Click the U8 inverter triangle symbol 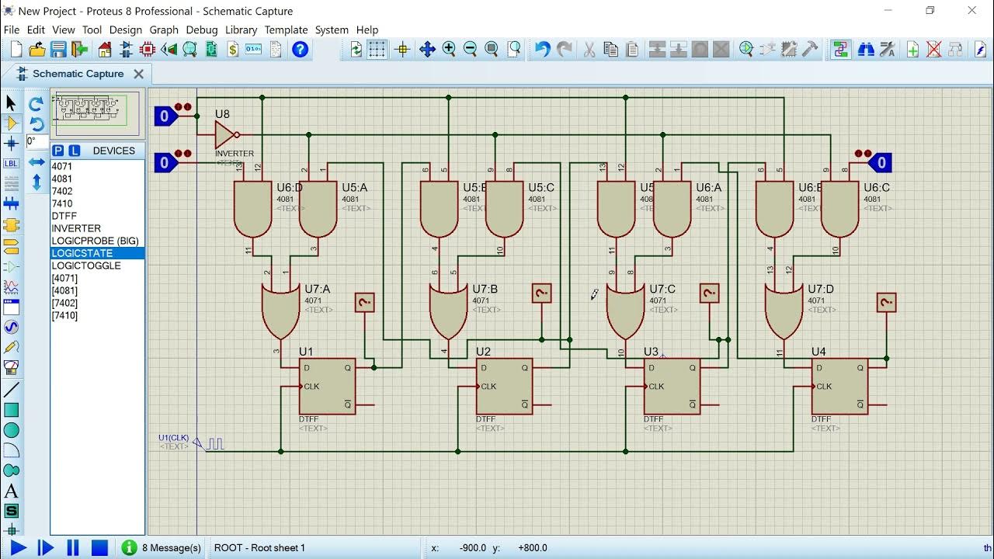click(x=225, y=135)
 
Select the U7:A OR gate click(x=280, y=309)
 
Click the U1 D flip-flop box click(x=327, y=386)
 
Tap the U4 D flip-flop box click(x=839, y=386)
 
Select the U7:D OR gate click(x=784, y=309)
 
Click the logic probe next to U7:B click(x=541, y=293)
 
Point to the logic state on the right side click(x=879, y=162)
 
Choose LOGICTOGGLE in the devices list click(x=86, y=266)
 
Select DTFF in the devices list click(x=64, y=216)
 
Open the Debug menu click(x=201, y=30)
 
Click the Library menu click(x=241, y=30)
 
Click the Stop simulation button click(x=99, y=547)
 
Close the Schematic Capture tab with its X click(x=138, y=74)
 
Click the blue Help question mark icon click(x=300, y=50)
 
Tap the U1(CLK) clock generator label click(x=173, y=438)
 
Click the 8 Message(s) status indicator click(x=162, y=547)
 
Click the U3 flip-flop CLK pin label click(x=656, y=386)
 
